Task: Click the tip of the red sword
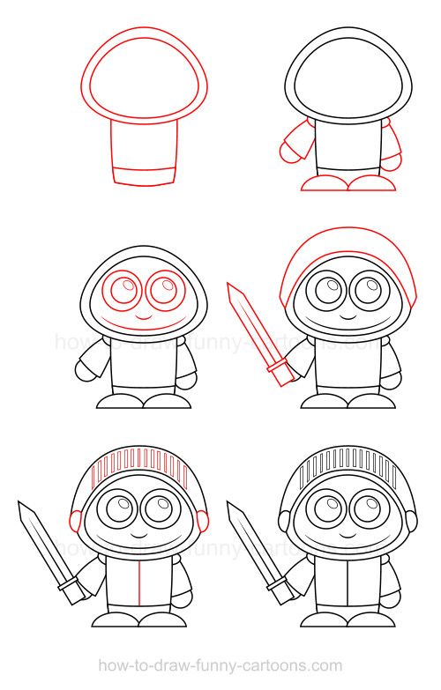pos(231,286)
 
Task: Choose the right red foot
pos(373,182)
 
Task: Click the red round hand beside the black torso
pos(289,152)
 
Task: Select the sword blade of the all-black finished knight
pos(251,545)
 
